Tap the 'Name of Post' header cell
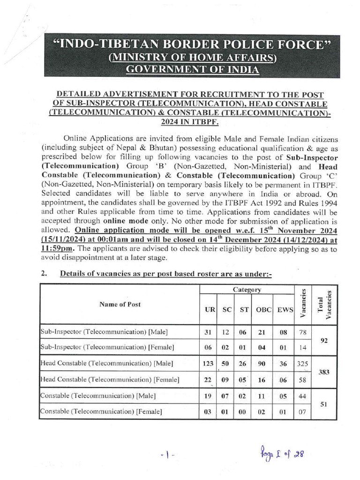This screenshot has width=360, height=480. tap(120, 304)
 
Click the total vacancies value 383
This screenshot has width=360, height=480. tap(323, 371)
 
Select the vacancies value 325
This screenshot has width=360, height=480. tap(302, 363)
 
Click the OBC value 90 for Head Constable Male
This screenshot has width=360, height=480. tap(261, 363)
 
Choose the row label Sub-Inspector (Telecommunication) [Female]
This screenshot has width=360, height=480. tap(107, 347)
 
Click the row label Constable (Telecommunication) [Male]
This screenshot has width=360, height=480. tap(98, 396)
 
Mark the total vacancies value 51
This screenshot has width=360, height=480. tap(323, 403)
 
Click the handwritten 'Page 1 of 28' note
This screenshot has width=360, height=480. tap(280, 453)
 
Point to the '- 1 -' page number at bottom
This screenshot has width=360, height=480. tap(166, 455)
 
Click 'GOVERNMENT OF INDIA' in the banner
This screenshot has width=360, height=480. tap(192, 69)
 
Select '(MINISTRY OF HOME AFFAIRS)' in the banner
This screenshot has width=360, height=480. tap(192, 58)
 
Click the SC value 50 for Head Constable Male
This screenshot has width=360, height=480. tap(227, 363)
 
